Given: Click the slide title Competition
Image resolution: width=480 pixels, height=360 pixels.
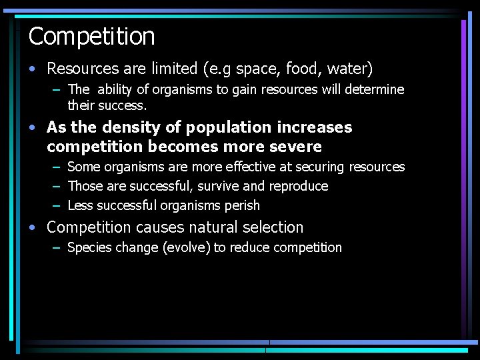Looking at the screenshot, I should (x=91, y=36).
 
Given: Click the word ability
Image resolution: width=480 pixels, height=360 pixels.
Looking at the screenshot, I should (x=117, y=89).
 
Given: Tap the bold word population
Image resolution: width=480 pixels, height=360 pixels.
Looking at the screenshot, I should (x=221, y=127).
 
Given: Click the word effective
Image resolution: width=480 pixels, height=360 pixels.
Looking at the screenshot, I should (x=255, y=167).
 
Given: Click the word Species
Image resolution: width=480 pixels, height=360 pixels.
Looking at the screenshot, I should (x=89, y=248).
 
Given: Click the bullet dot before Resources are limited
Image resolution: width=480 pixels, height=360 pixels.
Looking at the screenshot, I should (x=33, y=69).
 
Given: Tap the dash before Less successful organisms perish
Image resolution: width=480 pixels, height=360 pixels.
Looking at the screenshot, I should (x=56, y=205).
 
